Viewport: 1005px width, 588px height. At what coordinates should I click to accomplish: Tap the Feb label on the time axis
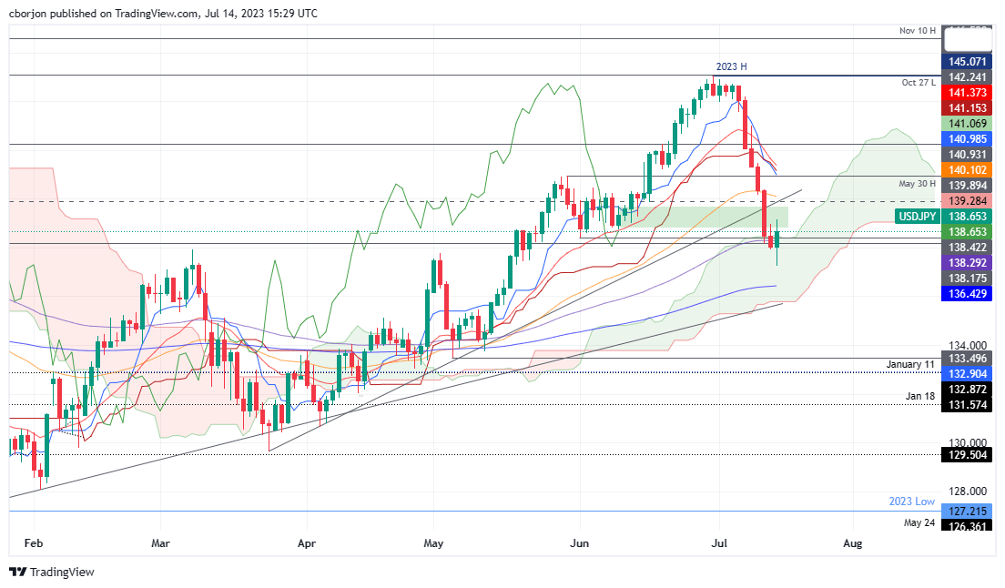pyautogui.click(x=35, y=543)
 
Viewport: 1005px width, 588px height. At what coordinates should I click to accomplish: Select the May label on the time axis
pyautogui.click(x=433, y=543)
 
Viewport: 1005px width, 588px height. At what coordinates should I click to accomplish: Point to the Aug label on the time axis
pyautogui.click(x=853, y=543)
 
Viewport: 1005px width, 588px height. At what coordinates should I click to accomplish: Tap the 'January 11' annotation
pyautogui.click(x=911, y=364)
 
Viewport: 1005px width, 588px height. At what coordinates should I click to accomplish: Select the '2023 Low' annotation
pyautogui.click(x=912, y=502)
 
